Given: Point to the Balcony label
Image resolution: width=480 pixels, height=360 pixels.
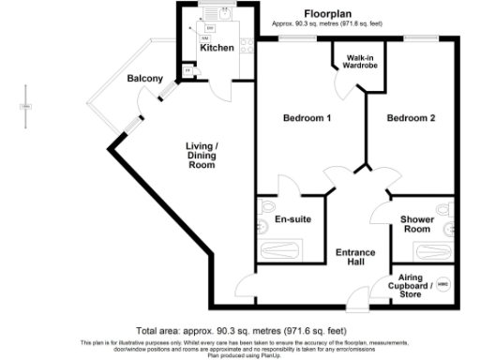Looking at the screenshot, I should [145, 79].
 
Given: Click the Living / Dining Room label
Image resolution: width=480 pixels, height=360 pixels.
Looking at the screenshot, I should [202, 155].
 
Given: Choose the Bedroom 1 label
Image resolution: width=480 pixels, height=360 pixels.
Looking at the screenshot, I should [307, 118].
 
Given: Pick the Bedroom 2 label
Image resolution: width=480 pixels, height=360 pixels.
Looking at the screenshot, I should [412, 118].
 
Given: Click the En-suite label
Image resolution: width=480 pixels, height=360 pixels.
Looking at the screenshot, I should [292, 219].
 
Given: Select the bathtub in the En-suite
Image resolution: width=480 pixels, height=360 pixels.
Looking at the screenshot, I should [290, 251].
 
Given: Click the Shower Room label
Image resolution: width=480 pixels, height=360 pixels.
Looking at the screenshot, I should [417, 224].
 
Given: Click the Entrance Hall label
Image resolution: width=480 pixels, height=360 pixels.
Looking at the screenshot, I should [356, 258].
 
